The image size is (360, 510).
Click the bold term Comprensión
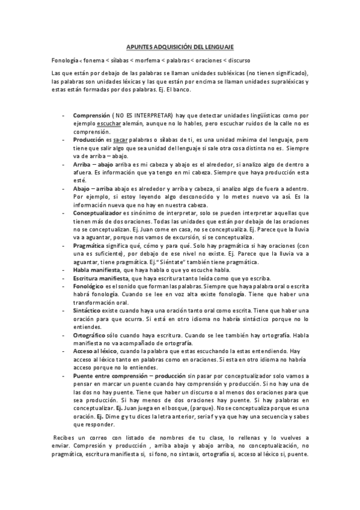91,114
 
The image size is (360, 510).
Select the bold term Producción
89,139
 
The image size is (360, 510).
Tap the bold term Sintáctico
88,312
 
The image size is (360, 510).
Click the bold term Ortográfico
90,336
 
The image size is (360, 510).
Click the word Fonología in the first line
65,61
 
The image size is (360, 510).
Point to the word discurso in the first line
239,61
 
